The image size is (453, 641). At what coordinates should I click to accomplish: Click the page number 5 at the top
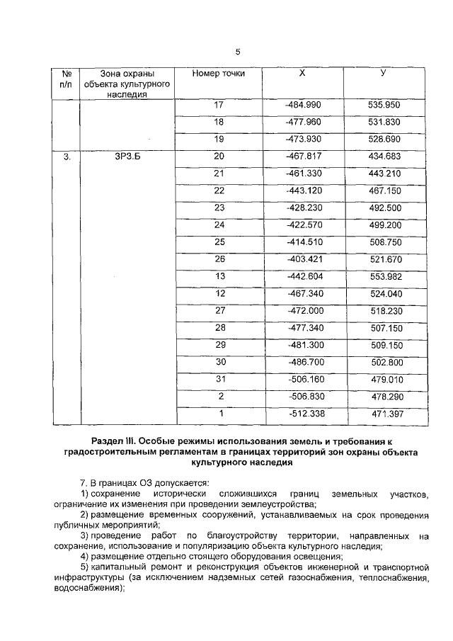point(238,52)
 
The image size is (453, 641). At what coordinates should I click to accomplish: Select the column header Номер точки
point(219,73)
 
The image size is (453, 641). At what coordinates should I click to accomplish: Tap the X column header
point(302,73)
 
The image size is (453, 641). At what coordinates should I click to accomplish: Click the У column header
point(383,73)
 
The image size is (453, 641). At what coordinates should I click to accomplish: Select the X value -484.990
point(303,105)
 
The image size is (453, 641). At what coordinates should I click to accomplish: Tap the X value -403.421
point(303,259)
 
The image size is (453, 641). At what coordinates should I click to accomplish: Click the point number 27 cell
point(219,311)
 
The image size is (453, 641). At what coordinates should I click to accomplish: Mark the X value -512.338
point(303,414)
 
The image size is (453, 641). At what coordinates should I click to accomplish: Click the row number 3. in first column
point(67,157)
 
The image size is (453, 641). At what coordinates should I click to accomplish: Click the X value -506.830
point(303,397)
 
